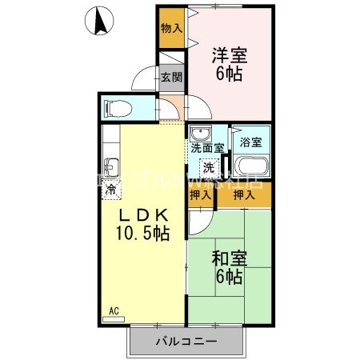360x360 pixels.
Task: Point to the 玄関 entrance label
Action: tap(170, 78)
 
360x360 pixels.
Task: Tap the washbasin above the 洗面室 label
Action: tap(201, 134)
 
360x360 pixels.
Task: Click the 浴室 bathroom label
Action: tap(250, 142)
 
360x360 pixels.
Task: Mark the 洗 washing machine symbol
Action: tap(207, 168)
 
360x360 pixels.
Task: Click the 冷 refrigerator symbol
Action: tap(112, 189)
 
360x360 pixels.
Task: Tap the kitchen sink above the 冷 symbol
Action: tap(112, 168)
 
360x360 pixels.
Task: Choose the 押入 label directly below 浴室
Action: tap(244, 194)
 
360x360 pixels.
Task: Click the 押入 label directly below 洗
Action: tap(201, 194)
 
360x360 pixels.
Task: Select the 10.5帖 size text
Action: tap(142, 234)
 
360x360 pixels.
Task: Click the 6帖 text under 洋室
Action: tap(229, 74)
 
